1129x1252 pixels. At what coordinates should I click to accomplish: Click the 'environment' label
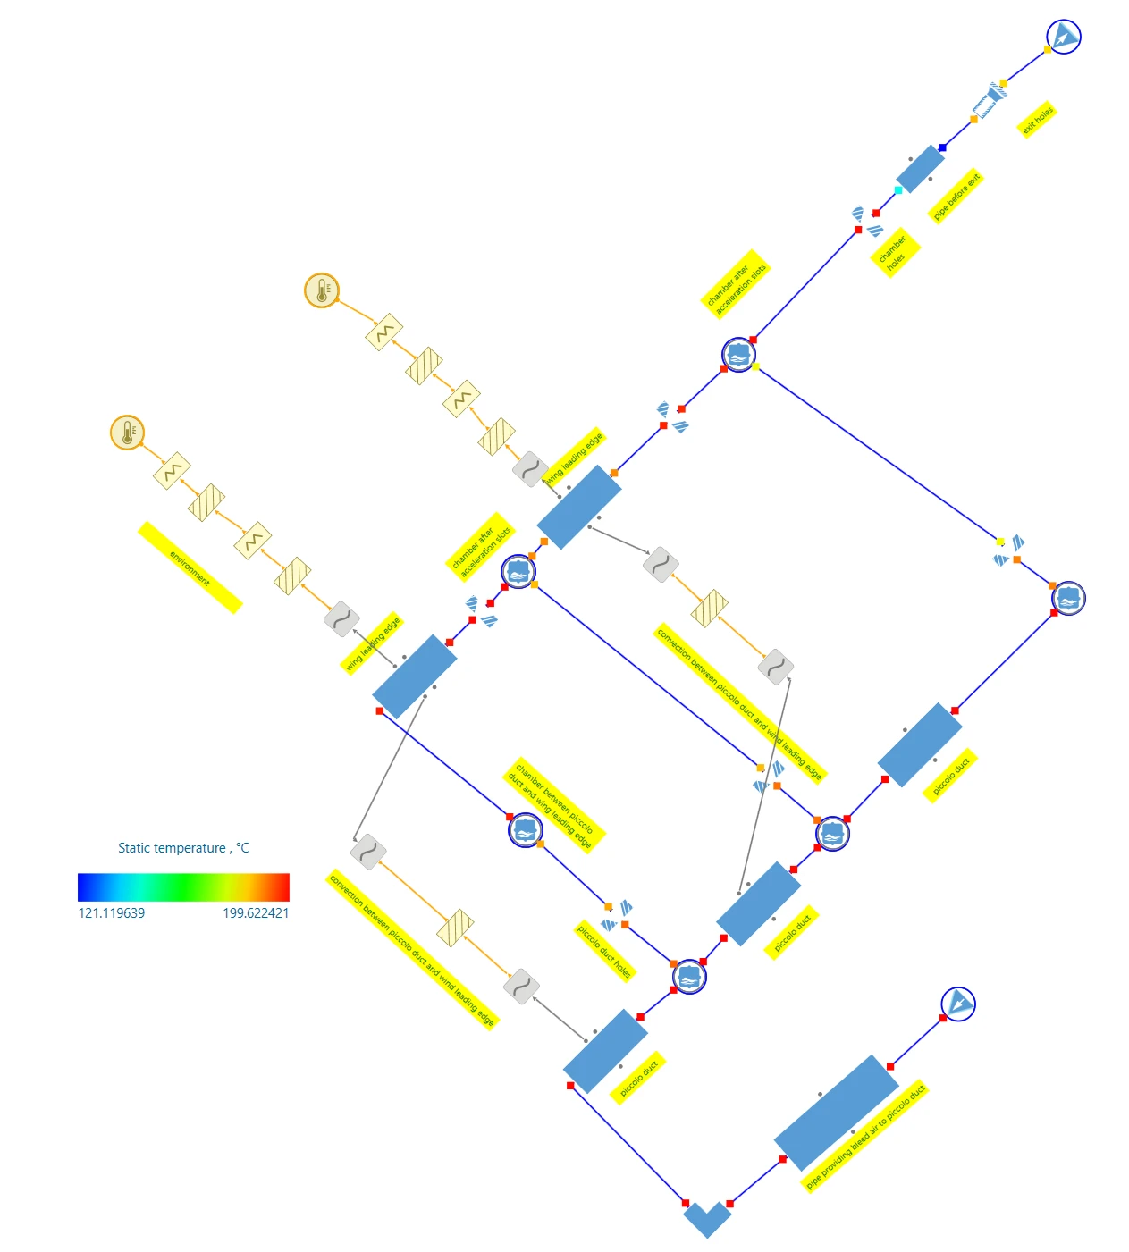[190, 567]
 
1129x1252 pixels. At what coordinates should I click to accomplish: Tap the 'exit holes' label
[1038, 120]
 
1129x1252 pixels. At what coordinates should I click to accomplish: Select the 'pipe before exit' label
[956, 196]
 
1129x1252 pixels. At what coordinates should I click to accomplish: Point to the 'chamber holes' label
[895, 253]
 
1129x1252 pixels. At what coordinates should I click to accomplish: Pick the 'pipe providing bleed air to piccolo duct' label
[864, 1137]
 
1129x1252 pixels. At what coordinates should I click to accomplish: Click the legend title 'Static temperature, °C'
[183, 848]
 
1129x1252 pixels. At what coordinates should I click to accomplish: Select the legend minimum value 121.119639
[112, 913]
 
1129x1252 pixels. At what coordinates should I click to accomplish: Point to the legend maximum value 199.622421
[256, 913]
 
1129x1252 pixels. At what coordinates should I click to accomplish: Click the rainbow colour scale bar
[183, 886]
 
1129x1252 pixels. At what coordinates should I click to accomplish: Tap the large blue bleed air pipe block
[836, 1113]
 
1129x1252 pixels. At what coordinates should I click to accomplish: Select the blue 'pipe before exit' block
[920, 169]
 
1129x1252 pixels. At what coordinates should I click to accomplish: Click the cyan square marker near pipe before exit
[898, 190]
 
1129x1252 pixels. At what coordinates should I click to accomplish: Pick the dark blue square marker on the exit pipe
[942, 147]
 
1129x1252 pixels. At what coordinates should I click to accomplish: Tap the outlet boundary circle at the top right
[1064, 37]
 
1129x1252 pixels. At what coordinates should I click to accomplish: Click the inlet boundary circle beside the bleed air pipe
[958, 1004]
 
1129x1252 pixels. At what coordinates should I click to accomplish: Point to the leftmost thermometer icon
[128, 433]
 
